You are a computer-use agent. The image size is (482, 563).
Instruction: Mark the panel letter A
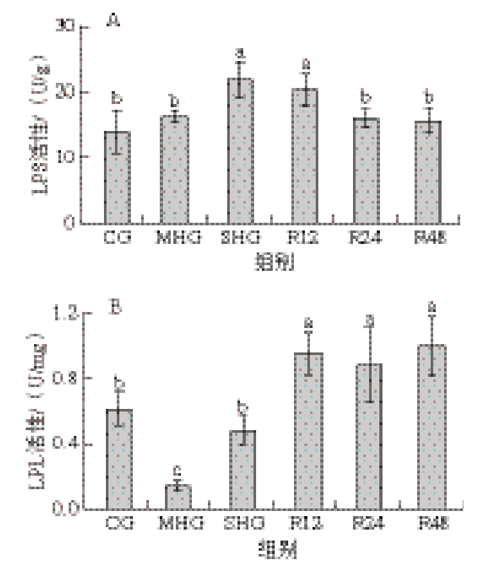tap(114, 22)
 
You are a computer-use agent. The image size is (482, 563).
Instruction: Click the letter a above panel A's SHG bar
tap(241, 52)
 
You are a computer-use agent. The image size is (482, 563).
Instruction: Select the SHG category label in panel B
tap(241, 524)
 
